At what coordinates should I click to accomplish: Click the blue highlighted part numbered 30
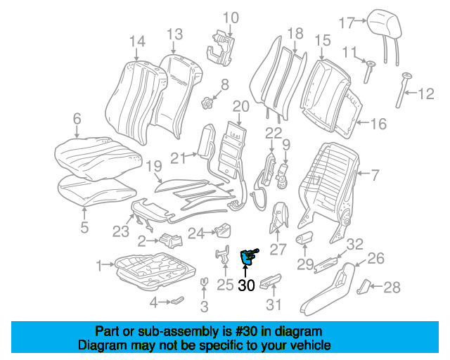247,257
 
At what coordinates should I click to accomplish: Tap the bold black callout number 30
247,285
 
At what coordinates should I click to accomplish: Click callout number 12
426,94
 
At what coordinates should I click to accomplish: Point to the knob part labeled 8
207,103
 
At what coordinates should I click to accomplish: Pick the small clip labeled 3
204,282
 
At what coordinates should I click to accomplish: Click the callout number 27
278,249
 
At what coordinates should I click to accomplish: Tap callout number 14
138,41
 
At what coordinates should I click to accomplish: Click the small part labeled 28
364,286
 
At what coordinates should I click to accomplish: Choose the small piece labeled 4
178,300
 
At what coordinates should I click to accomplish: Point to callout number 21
179,158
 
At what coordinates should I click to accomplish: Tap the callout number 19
154,166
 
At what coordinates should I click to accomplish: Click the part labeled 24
223,230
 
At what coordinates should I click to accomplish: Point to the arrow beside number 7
364,173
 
